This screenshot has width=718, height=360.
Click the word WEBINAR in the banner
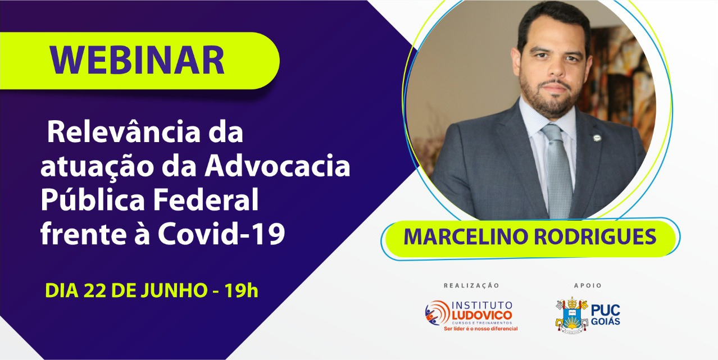(137, 60)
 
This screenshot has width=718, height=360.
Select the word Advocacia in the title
(278, 166)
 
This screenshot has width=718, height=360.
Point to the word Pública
(93, 200)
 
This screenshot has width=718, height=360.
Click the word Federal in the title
(206, 199)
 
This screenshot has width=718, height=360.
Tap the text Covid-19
(221, 234)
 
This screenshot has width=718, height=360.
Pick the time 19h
(241, 290)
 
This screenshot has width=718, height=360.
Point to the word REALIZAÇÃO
(471, 285)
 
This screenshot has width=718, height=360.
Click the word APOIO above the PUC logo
(588, 285)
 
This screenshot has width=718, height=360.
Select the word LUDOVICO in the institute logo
(482, 315)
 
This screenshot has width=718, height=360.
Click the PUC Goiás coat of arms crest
(572, 316)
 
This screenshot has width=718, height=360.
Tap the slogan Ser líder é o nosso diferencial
(480, 329)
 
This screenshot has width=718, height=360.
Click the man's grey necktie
(558, 170)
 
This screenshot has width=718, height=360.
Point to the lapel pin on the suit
(597, 138)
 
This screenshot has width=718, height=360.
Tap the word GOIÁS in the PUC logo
(606, 322)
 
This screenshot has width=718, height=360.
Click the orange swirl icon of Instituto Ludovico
(438, 313)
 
